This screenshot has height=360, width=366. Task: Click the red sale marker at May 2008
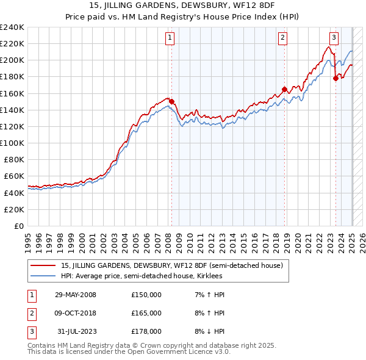[171, 102]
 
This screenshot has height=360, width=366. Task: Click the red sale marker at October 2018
[284, 90]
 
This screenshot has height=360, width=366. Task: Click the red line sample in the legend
[44, 266]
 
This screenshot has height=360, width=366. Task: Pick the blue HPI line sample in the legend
[44, 276]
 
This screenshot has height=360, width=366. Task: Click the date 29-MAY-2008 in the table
[75, 295]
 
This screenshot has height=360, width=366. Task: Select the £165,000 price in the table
[146, 313]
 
